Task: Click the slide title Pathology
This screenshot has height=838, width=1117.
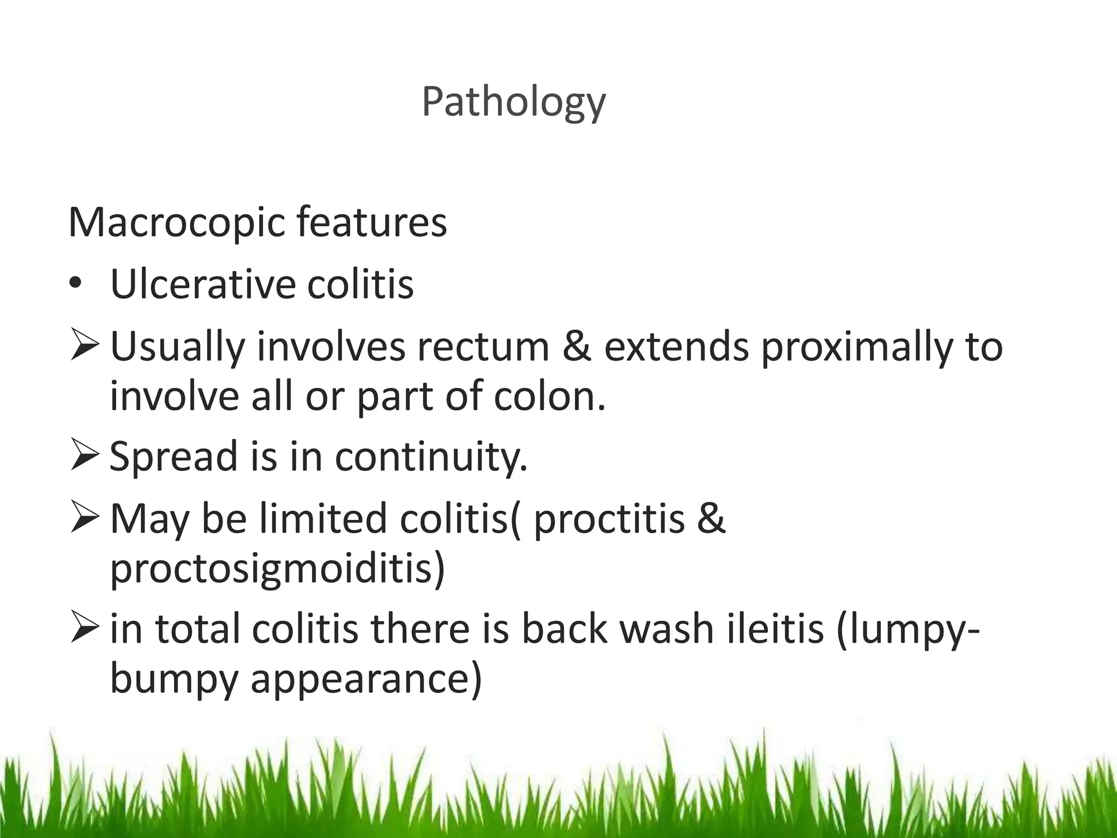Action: point(513,103)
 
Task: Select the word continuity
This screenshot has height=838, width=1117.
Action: point(431,457)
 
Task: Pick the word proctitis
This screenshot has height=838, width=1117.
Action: point(608,519)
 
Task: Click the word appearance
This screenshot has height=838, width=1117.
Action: point(366,680)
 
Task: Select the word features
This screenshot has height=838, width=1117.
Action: point(371,223)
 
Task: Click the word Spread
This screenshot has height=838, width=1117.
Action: point(173,457)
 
